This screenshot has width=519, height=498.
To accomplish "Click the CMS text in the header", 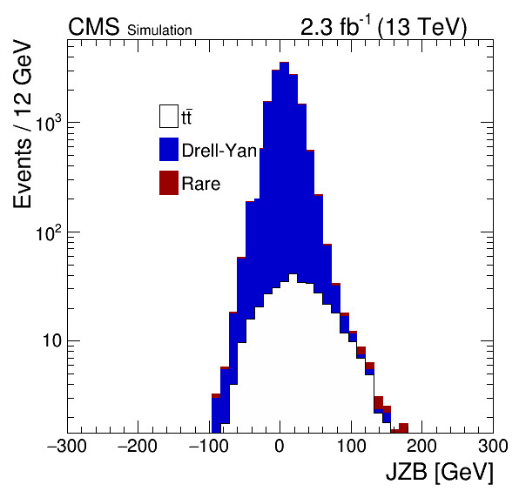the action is (x=93, y=26).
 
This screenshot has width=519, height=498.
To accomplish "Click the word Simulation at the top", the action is (x=159, y=30).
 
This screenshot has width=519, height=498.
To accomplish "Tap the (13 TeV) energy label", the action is (x=422, y=27).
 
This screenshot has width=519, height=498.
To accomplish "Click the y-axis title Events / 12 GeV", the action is (x=23, y=124).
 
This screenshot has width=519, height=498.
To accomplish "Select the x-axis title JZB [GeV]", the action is (x=440, y=472).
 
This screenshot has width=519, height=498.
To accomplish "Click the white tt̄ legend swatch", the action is (x=169, y=116).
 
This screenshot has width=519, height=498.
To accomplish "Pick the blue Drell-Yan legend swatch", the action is (x=169, y=149).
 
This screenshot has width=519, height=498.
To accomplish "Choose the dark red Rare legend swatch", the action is (x=169, y=183).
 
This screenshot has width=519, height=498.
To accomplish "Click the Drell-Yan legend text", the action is (x=219, y=151).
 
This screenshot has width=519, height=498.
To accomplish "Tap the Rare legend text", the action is (x=201, y=184).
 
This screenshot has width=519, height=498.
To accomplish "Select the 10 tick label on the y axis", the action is (x=52, y=341).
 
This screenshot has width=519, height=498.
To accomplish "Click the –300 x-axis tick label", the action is (x=67, y=446).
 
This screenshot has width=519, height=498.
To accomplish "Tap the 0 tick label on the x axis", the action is (x=280, y=446).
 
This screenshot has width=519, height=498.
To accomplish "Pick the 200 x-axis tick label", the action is (x=421, y=446).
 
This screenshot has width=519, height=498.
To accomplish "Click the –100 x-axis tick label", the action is (x=209, y=446).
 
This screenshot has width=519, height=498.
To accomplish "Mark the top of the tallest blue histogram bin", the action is (x=285, y=63).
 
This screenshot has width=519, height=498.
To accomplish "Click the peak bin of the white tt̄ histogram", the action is (x=293, y=274).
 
